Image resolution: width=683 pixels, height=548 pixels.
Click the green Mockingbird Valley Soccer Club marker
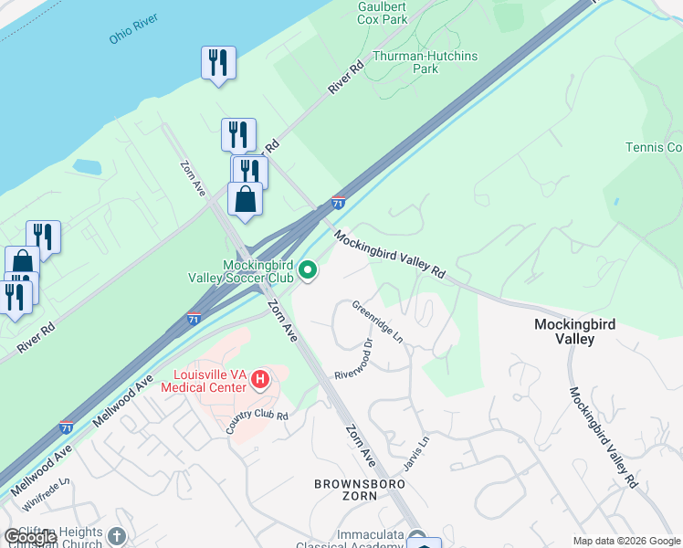point(309,269)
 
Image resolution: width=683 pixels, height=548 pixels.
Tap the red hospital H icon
point(260,378)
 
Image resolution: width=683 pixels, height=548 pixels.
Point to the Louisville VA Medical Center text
point(204,381)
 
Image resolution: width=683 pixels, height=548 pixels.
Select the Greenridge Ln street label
point(377,322)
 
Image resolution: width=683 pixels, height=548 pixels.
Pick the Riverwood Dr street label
point(355,360)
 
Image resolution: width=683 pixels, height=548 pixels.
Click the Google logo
point(30,537)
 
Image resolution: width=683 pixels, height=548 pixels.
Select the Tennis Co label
point(653,147)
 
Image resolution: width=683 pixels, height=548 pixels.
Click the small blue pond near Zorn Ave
point(87,167)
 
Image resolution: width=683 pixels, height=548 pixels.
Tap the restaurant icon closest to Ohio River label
point(218,62)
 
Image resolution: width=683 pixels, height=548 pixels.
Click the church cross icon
point(116,536)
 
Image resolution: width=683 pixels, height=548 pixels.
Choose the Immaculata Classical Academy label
point(360,541)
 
